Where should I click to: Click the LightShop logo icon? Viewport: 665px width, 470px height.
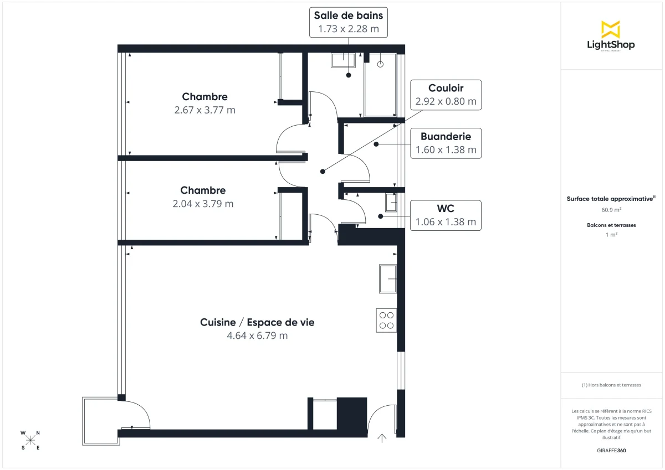click(x=611, y=29)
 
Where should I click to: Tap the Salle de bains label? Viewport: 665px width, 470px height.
click(x=349, y=16)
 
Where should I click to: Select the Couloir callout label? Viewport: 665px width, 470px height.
click(x=446, y=88)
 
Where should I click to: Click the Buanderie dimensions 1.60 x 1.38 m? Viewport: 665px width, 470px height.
click(x=446, y=149)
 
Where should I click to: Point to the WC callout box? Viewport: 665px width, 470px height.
click(x=446, y=215)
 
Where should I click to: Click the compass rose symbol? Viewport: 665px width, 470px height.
click(x=30, y=440)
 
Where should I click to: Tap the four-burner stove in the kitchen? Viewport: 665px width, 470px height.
click(x=386, y=320)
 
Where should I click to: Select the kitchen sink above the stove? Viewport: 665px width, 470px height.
click(x=388, y=278)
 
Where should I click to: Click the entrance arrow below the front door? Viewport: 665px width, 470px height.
click(x=382, y=438)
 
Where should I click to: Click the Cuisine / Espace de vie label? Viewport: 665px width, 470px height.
click(x=257, y=322)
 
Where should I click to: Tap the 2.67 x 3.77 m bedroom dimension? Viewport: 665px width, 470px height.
click(x=204, y=110)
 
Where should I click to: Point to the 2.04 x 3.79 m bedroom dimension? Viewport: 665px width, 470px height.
click(x=203, y=204)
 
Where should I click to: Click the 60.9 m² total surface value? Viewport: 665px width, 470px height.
click(x=611, y=210)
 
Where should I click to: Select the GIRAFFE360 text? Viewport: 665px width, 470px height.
click(x=611, y=451)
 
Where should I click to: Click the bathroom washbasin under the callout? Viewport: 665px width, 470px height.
click(x=343, y=60)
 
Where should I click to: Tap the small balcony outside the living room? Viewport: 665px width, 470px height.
click(x=100, y=421)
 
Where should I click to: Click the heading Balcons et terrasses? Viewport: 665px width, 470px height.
click(x=611, y=225)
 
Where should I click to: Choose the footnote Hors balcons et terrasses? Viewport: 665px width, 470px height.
click(x=611, y=385)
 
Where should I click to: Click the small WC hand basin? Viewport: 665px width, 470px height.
click(x=391, y=203)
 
